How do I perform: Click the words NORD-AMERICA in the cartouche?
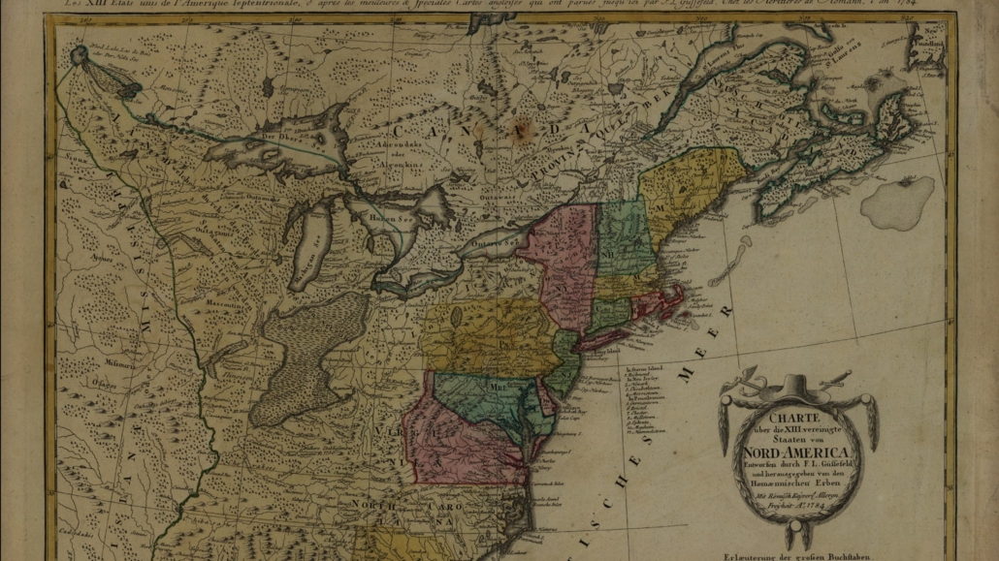pyautogui.click(x=797, y=452)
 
